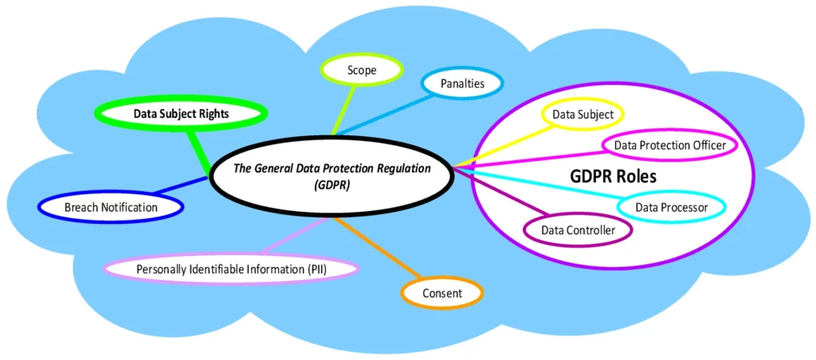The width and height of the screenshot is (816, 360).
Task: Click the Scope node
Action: click(x=361, y=70)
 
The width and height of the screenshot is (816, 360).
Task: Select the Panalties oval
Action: click(x=462, y=82)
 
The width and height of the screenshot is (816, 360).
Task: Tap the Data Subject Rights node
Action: click(x=181, y=114)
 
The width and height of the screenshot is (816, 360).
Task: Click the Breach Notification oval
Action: click(x=111, y=208)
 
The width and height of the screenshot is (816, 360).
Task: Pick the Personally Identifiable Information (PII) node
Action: click(x=232, y=269)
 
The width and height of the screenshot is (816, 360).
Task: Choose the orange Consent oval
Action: click(x=442, y=293)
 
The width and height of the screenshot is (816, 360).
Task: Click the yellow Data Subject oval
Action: click(x=583, y=115)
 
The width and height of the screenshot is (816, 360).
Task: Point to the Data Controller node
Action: click(x=578, y=230)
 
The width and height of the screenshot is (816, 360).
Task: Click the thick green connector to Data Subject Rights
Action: click(x=198, y=147)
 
